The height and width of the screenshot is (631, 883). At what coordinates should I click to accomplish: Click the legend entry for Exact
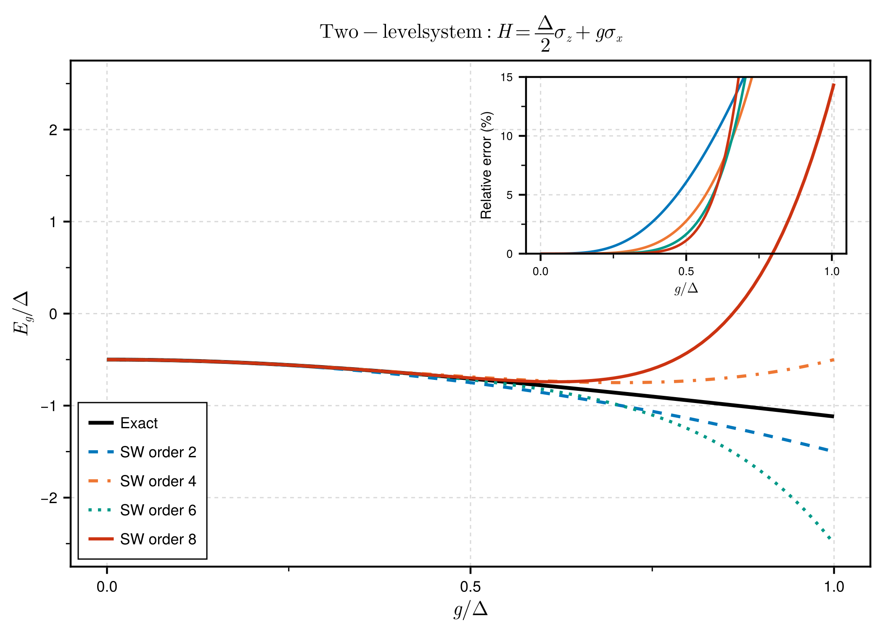click(139, 423)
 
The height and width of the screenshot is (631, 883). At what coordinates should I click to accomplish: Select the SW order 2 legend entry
click(158, 452)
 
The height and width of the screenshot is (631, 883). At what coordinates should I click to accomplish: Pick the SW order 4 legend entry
click(158, 481)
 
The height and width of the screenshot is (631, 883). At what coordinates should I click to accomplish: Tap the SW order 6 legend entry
click(158, 510)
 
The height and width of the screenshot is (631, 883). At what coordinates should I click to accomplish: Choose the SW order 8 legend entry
click(158, 539)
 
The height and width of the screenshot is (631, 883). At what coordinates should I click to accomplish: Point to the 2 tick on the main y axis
click(53, 130)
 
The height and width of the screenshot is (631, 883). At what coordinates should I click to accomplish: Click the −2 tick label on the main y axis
click(49, 498)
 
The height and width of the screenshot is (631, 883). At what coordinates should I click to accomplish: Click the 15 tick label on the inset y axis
click(507, 77)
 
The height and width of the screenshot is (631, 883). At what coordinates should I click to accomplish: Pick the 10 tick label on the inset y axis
click(507, 136)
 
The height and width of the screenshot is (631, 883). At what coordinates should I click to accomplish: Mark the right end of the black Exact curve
click(833, 416)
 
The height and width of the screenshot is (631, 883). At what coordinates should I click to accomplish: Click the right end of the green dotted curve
click(831, 539)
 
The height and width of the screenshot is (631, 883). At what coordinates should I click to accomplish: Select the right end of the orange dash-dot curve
click(833, 360)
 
